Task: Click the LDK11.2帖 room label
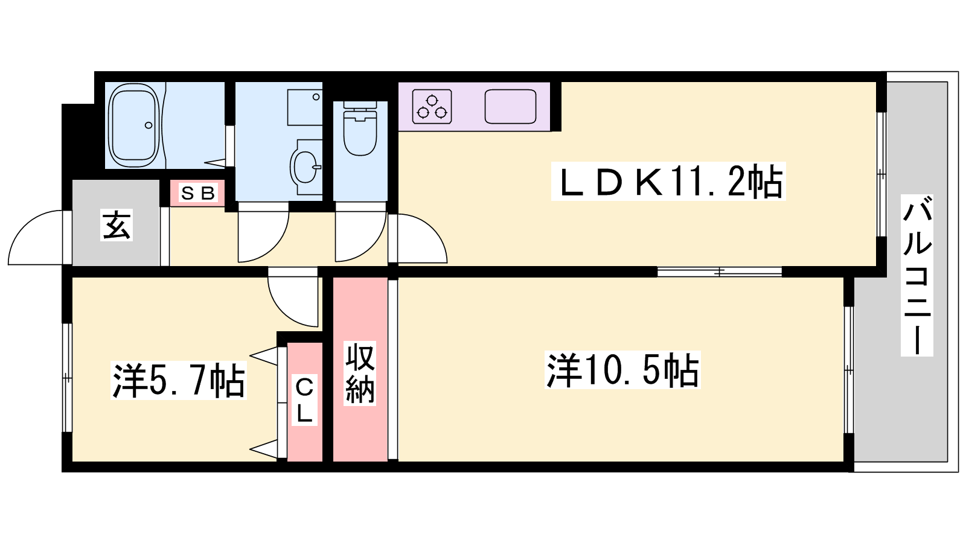668,182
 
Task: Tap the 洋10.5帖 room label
622,370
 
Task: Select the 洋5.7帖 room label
179,381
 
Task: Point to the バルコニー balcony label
917,275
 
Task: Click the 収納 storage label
360,373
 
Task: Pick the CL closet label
304,399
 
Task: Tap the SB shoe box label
197,193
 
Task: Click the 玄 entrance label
116,224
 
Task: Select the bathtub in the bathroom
134,125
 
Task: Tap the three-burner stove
432,107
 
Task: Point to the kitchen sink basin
510,106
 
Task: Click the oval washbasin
305,167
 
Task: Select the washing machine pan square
304,107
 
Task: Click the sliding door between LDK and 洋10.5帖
719,272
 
